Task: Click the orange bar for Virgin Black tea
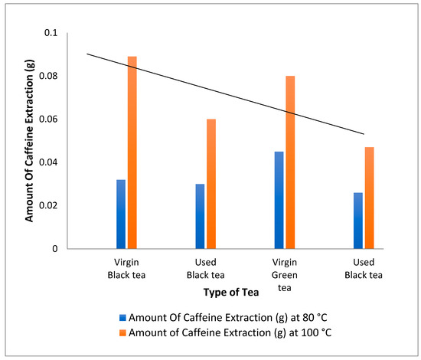[x=132, y=152]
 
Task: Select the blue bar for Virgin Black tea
[x=121, y=214]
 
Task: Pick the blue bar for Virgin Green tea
[x=279, y=200]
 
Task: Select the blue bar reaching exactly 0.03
[x=200, y=216]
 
